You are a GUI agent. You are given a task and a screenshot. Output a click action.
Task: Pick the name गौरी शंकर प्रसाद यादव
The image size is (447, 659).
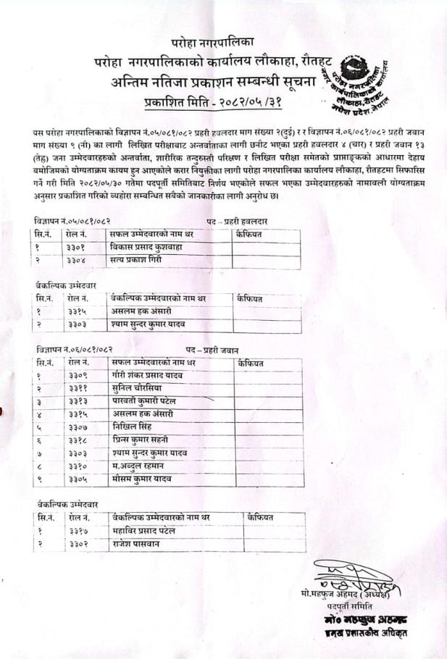(148, 375)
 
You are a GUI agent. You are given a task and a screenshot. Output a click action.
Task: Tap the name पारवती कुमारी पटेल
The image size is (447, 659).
(145, 401)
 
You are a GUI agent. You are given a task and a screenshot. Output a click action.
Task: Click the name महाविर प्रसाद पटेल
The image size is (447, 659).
(145, 531)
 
